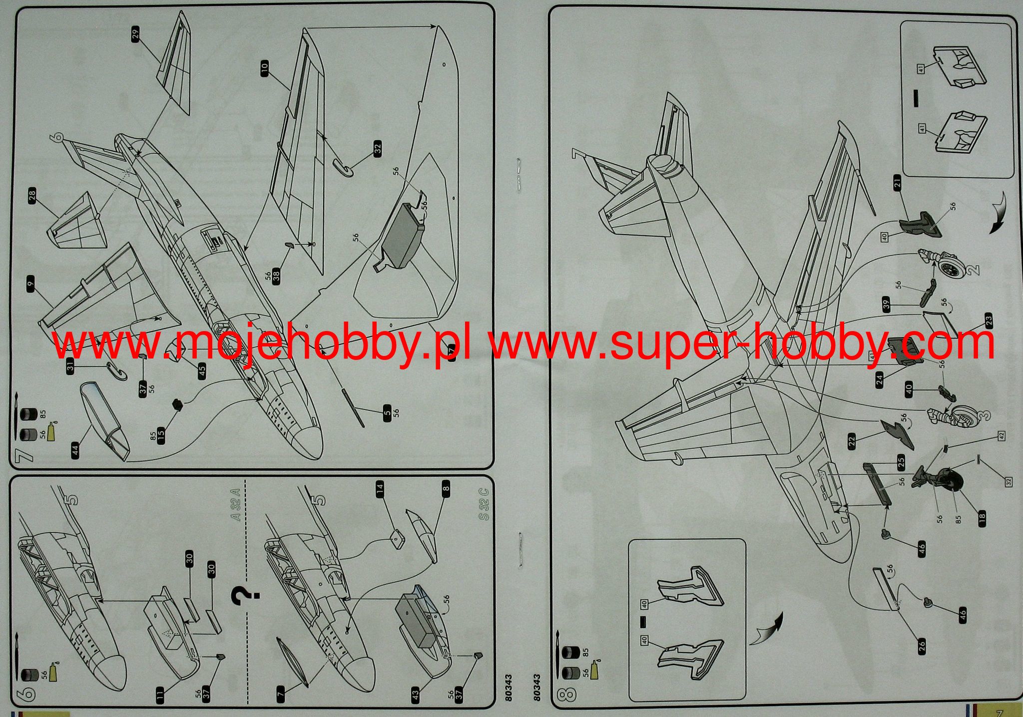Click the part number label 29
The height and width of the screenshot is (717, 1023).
(x=135, y=34)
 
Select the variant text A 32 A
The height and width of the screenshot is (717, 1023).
(x=236, y=506)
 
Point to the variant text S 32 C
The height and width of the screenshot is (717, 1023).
(x=483, y=506)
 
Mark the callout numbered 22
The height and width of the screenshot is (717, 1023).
(x=852, y=440)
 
